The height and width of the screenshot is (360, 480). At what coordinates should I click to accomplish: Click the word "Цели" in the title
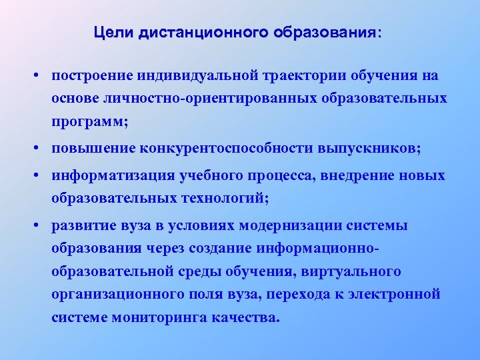pyautogui.click(x=114, y=32)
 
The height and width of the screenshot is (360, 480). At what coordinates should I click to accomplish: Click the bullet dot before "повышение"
pyautogui.click(x=41, y=149)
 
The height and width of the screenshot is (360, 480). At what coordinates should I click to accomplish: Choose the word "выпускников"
pyautogui.click(x=377, y=149)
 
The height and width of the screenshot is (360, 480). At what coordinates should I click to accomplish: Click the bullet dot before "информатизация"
pyautogui.click(x=41, y=175)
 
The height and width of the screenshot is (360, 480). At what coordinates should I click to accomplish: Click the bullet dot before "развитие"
pyautogui.click(x=41, y=225)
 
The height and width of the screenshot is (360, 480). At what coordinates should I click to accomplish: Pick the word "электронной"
pyautogui.click(x=399, y=294)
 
